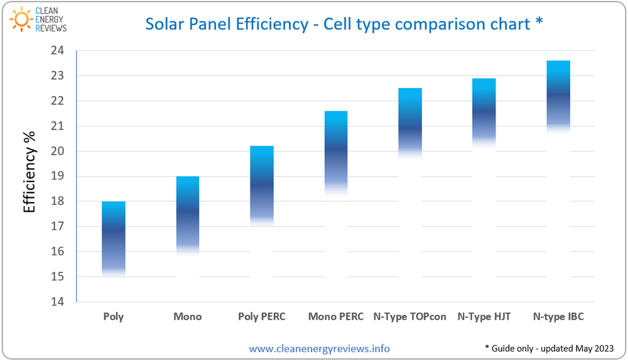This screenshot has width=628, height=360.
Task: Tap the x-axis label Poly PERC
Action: (262, 317)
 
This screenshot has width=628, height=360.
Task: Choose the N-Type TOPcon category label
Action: (410, 317)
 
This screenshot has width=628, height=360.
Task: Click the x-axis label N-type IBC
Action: (558, 317)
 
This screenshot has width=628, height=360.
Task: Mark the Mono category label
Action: (188, 317)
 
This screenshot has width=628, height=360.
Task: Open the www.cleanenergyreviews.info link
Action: (319, 348)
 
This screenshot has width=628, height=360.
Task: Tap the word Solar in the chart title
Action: (165, 24)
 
